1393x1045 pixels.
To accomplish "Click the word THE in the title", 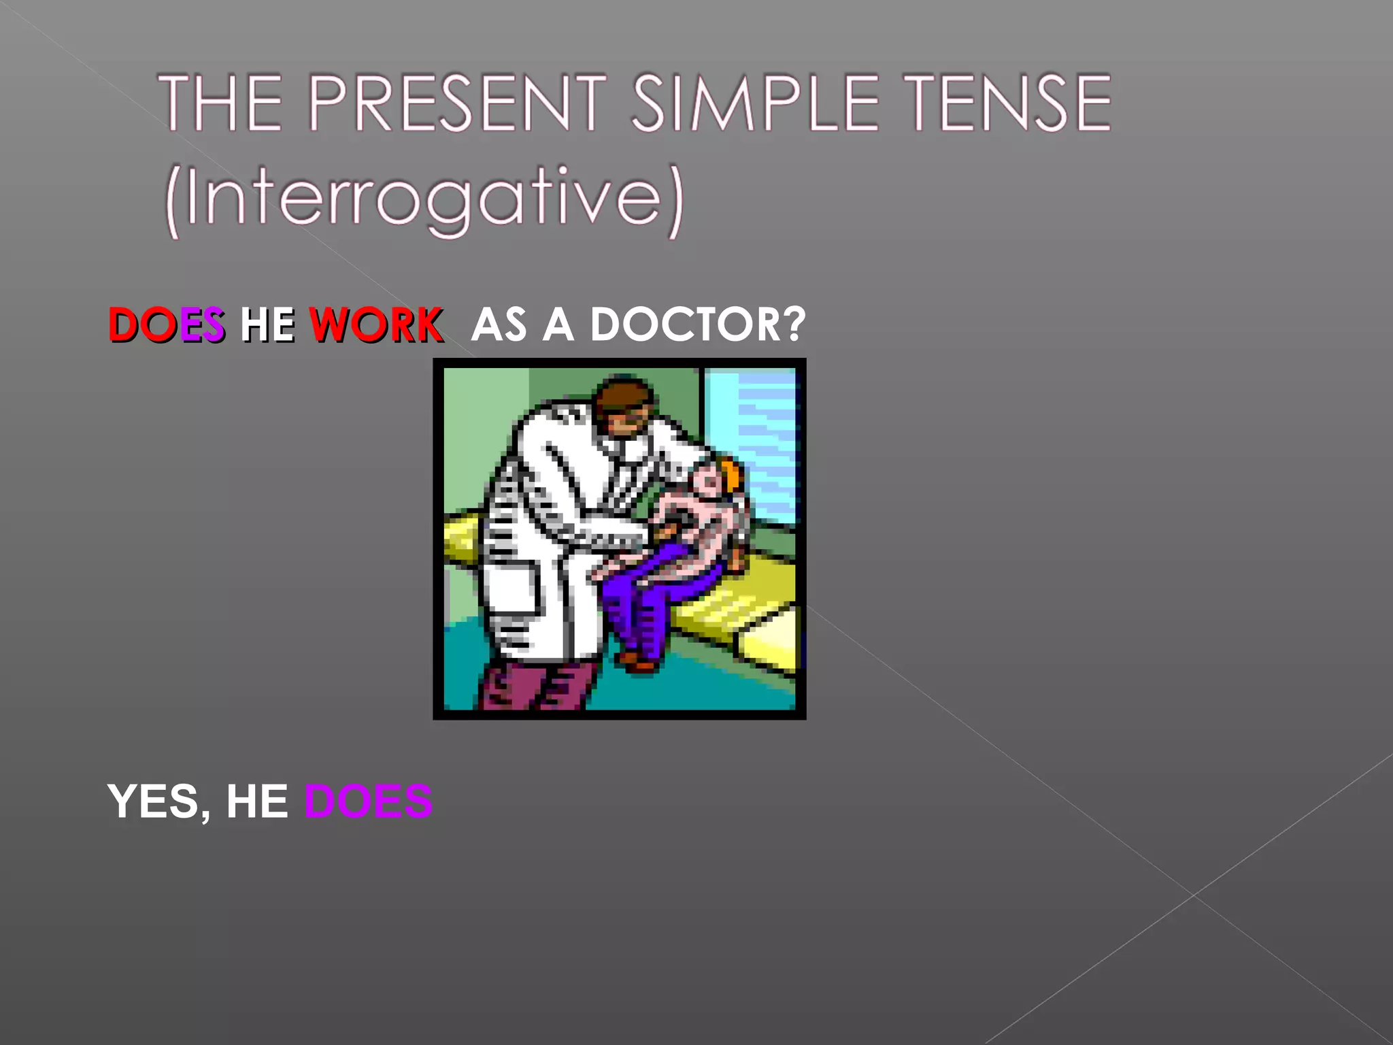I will point(220,103).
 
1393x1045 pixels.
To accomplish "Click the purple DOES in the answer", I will point(368,801).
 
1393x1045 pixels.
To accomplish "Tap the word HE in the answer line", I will point(257,801).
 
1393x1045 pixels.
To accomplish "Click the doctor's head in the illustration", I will point(623,404).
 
